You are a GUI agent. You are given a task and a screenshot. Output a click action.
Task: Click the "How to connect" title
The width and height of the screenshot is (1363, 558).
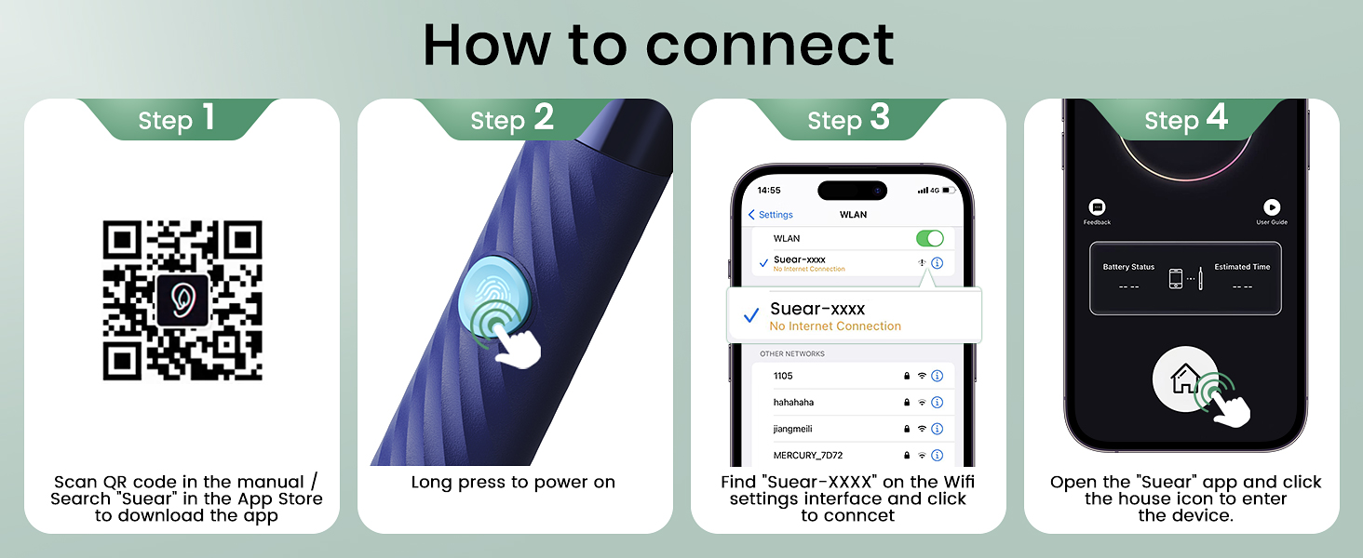tap(658, 45)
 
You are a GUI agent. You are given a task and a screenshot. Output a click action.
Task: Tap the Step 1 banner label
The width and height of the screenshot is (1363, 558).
tap(177, 119)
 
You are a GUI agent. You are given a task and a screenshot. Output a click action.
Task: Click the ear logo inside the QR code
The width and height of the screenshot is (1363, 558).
tap(182, 300)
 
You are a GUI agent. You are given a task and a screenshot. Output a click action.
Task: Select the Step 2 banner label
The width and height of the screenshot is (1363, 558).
tap(512, 119)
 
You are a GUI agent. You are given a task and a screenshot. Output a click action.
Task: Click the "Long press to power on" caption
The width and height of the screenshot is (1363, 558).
tap(513, 482)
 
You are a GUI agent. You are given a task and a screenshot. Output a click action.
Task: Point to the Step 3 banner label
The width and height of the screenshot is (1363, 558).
tap(848, 119)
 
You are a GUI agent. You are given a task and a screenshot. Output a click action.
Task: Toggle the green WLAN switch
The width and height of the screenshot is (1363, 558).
tap(928, 238)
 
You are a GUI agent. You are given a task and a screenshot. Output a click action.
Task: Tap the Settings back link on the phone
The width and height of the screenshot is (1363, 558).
tap(771, 215)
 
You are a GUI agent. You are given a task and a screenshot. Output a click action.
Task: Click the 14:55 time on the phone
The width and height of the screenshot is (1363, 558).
tap(769, 190)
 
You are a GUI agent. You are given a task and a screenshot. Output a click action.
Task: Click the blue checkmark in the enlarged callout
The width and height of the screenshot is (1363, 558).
tap(751, 317)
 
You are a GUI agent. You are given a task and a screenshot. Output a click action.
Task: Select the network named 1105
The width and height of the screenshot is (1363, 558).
tap(785, 376)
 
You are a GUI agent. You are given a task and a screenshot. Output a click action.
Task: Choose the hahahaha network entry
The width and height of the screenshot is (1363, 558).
tap(793, 403)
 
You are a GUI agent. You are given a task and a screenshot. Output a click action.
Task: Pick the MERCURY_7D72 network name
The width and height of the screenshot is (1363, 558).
tap(808, 456)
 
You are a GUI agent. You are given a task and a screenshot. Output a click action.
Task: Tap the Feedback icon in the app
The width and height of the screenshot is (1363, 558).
tap(1097, 208)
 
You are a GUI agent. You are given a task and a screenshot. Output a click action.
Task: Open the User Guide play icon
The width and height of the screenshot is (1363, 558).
tap(1271, 208)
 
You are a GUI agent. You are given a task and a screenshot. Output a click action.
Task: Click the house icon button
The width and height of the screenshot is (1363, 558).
tap(1185, 379)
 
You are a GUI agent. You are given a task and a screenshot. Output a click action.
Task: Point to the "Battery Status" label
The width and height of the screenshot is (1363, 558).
tap(1128, 267)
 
